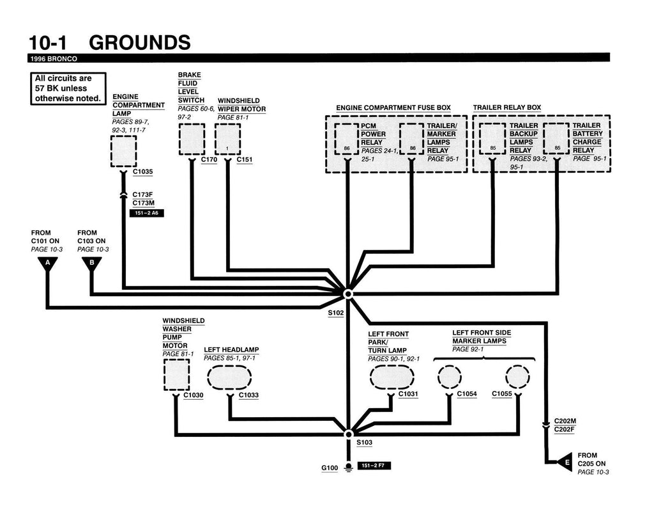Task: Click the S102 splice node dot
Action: coord(348,294)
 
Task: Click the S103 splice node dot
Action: coord(349,434)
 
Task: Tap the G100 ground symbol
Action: coord(348,468)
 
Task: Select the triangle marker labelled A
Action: coord(48,264)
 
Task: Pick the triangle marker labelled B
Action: coord(92,264)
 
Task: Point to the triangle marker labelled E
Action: coord(565,462)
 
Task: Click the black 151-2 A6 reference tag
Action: coord(147,213)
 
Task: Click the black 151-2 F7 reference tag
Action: coord(374,466)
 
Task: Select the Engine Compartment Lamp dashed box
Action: coord(123,151)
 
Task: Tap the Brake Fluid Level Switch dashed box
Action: coord(192,139)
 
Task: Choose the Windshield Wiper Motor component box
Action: coord(228,139)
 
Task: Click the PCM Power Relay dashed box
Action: coord(347,139)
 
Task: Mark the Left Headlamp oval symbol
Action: coord(229,377)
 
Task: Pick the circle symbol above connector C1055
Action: coord(517,377)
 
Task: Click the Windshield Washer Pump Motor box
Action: coord(176,375)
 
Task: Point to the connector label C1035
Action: coord(142,171)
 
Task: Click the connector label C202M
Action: coord(565,421)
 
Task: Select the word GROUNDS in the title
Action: coord(140,43)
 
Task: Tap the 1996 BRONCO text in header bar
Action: coord(54,59)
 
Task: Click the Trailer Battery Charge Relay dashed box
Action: coord(556,139)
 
